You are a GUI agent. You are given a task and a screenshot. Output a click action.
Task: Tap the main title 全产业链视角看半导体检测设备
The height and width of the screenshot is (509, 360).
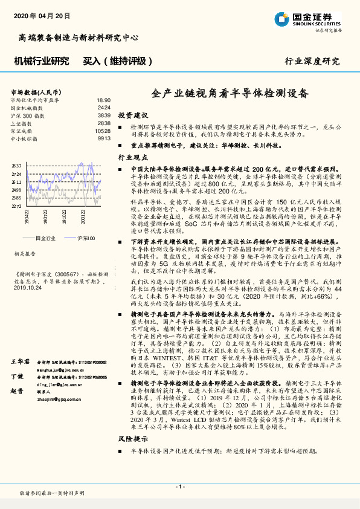click(229, 94)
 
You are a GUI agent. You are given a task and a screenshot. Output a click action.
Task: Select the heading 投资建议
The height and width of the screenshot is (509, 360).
click(132, 115)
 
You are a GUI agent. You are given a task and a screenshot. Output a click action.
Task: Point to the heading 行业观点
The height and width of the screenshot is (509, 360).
click(132, 157)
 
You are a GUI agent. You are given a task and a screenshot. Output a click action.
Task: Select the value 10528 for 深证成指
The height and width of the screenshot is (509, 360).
click(103, 131)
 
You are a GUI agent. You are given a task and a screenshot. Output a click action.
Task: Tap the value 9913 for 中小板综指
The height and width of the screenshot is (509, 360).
click(104, 138)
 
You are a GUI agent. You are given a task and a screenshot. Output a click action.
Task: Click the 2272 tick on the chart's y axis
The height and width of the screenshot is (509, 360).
click(16, 206)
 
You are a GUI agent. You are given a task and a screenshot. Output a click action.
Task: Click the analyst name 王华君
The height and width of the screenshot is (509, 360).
click(20, 361)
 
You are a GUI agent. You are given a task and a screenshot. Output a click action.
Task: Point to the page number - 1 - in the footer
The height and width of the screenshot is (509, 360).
click(179, 487)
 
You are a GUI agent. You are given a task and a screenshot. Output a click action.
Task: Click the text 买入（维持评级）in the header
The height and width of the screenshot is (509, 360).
click(116, 61)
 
